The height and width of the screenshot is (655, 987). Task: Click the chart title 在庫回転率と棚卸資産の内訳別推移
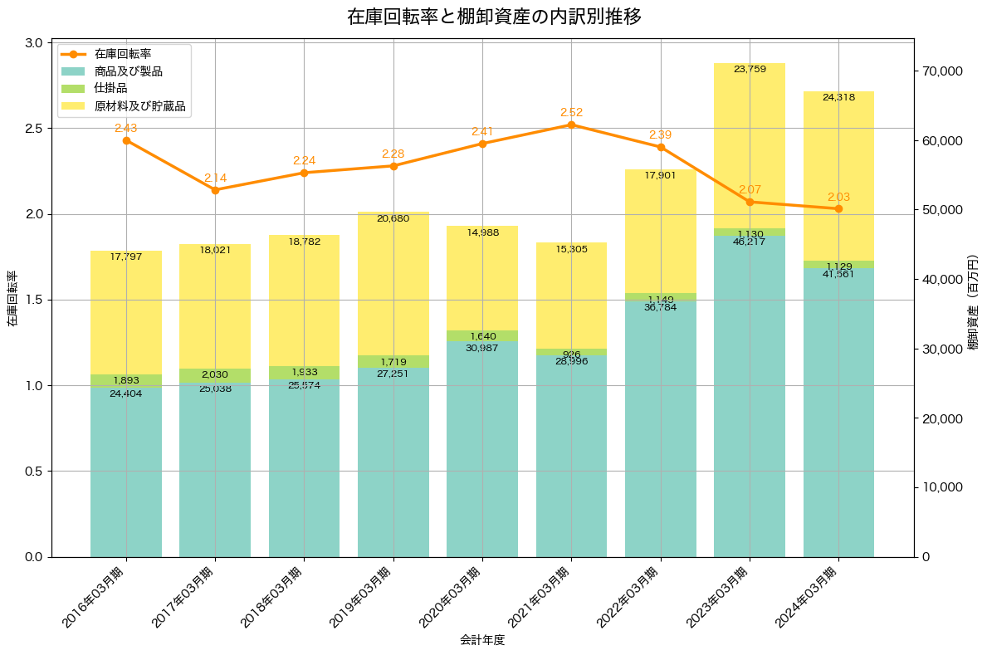(493, 17)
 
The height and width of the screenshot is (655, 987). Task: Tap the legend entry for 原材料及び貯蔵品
(139, 107)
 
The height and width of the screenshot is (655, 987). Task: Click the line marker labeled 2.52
(571, 125)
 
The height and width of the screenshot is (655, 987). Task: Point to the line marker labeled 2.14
(215, 190)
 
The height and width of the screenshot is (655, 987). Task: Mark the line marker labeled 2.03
(838, 208)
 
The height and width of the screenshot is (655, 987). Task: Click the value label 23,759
(750, 69)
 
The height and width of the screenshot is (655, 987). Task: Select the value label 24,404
(126, 393)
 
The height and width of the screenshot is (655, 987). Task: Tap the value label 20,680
(393, 218)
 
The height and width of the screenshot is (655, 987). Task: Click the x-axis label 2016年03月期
(95, 595)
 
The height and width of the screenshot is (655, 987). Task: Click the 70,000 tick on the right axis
(941, 71)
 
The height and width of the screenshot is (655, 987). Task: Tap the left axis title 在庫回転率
(12, 300)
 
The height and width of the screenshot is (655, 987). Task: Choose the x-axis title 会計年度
(482, 640)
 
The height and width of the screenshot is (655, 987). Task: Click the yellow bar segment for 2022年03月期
(661, 232)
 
